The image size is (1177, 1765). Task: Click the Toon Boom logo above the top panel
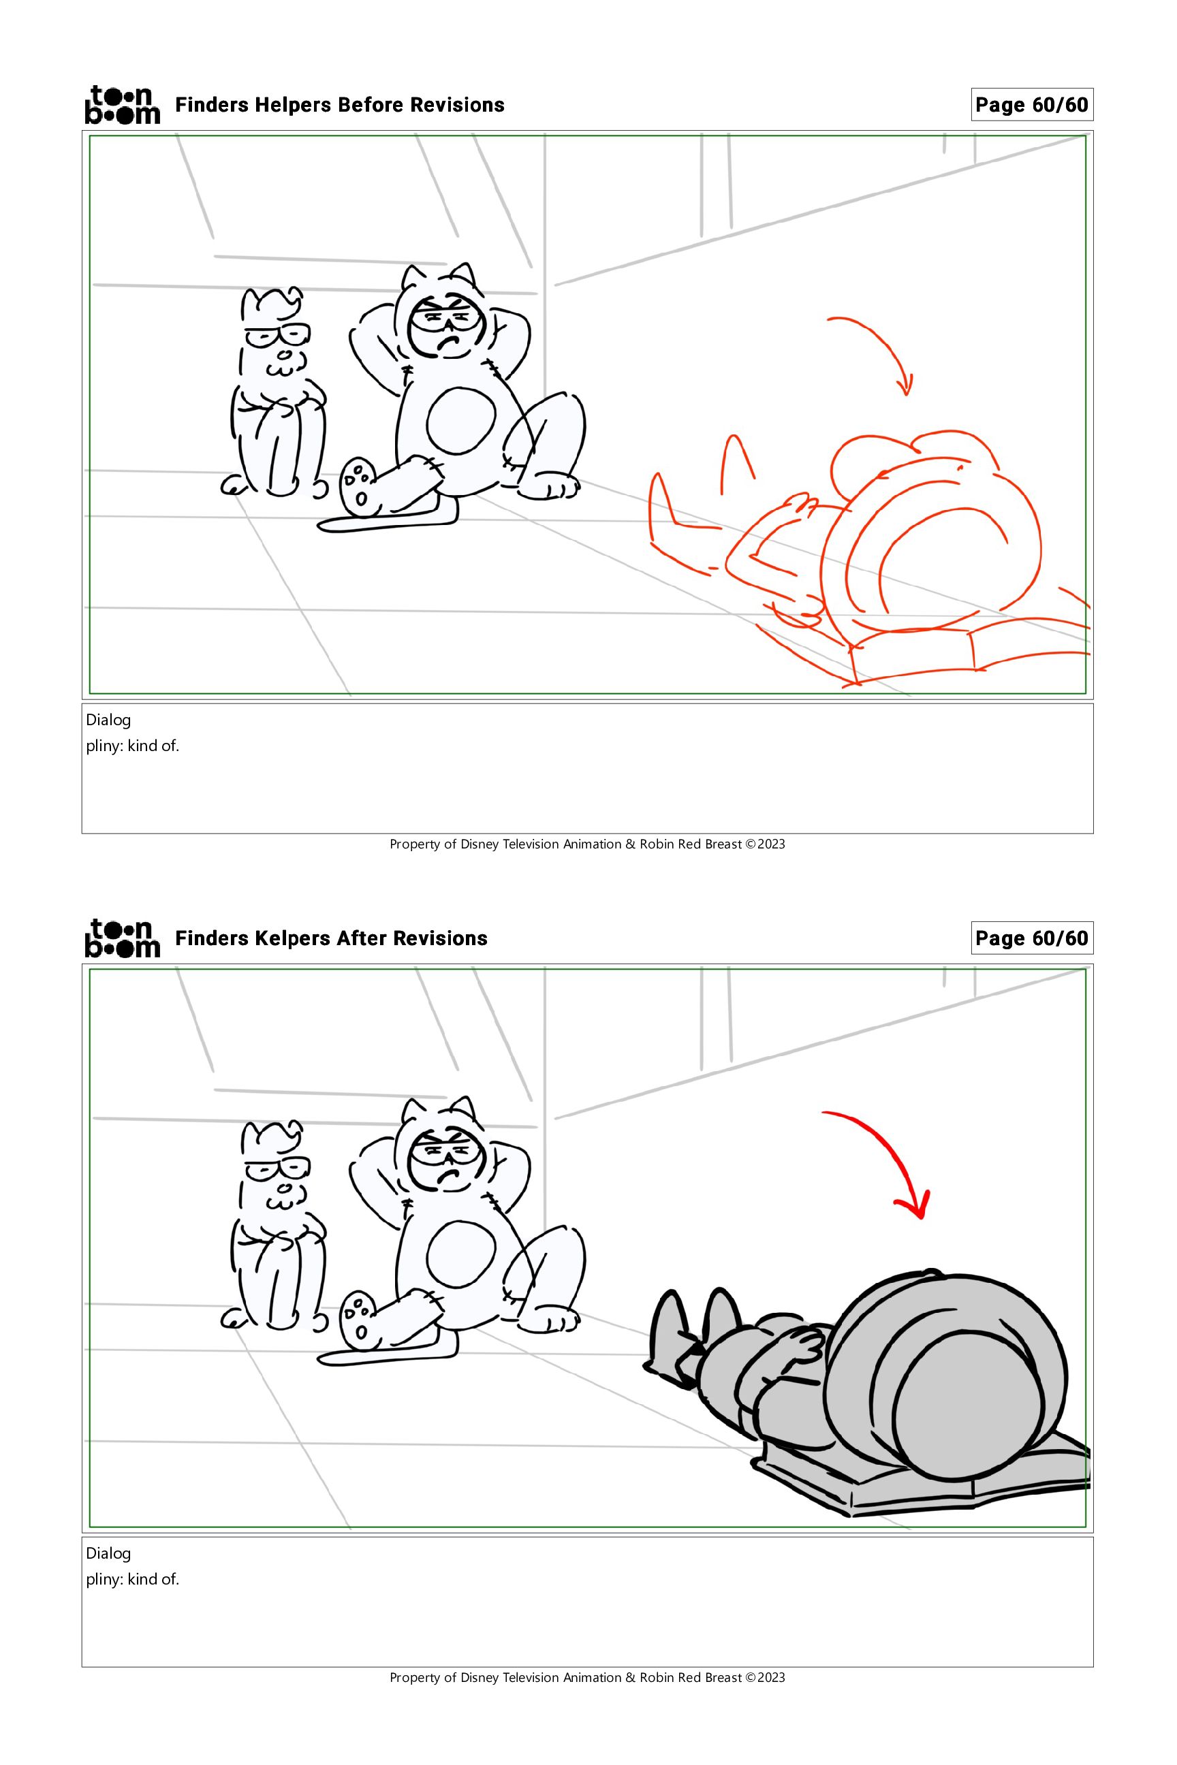tap(123, 104)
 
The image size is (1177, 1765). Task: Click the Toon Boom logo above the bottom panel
tap(123, 938)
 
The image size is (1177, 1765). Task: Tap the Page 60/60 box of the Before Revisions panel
tap(1031, 104)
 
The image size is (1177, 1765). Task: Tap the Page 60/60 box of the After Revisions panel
tap(1031, 938)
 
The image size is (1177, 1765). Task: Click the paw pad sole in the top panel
tap(358, 487)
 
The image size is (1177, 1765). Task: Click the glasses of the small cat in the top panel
tap(278, 334)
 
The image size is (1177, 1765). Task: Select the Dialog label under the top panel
tap(108, 720)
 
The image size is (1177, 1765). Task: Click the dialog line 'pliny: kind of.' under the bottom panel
tap(132, 1580)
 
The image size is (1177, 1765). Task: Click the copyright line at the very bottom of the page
tap(587, 1677)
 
